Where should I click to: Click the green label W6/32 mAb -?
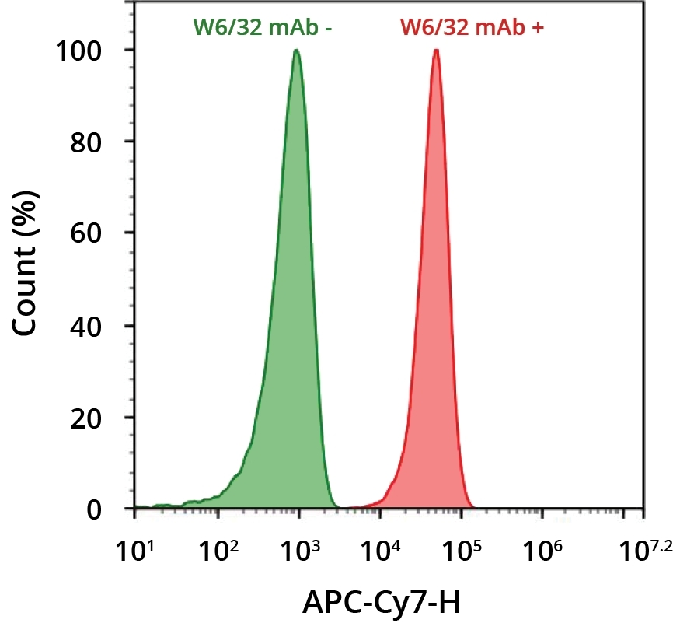pyautogui.click(x=263, y=28)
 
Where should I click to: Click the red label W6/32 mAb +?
pyautogui.click(x=472, y=28)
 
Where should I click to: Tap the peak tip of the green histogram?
pyautogui.click(x=296, y=51)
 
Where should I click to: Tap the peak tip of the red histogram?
pyautogui.click(x=436, y=51)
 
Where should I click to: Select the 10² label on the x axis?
pyautogui.click(x=217, y=555)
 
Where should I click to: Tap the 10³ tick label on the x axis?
pyautogui.click(x=298, y=555)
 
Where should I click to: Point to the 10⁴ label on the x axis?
pyautogui.click(x=378, y=555)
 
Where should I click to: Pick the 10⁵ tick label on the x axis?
pyautogui.click(x=459, y=555)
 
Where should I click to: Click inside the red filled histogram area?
pyautogui.click(x=434, y=350)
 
